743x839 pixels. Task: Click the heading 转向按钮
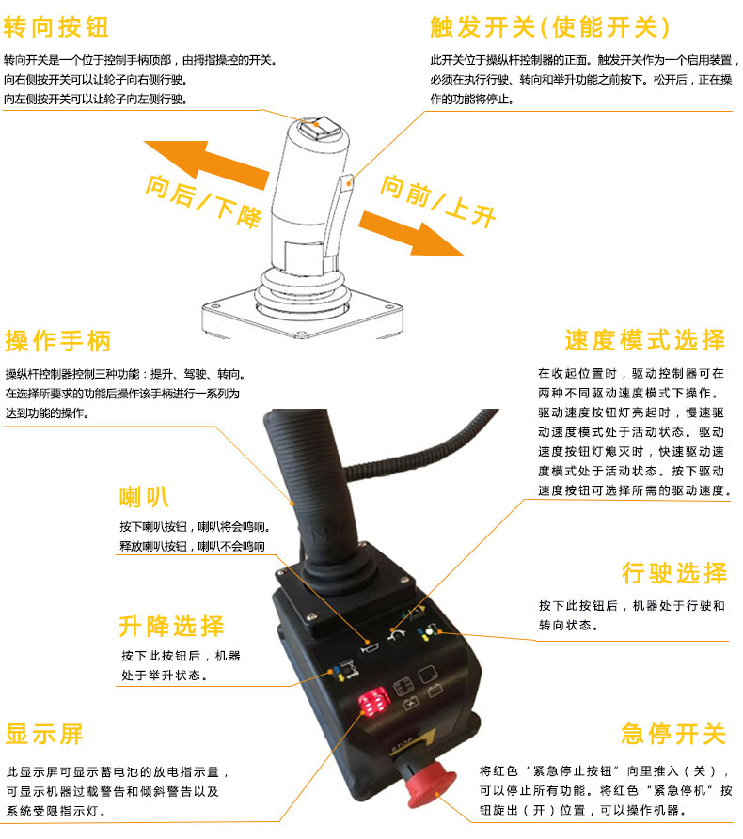coord(55,26)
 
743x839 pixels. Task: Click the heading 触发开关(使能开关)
coord(549,26)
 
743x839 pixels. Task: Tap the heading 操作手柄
coord(58,341)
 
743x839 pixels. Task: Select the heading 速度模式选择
coord(645,340)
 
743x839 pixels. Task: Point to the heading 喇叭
coord(144,497)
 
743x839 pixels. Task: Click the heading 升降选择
coord(171,626)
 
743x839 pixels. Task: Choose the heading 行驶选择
coord(674,573)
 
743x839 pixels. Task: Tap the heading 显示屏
coord(44,734)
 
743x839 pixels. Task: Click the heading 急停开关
coord(674,733)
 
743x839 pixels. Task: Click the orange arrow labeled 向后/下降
coord(206,163)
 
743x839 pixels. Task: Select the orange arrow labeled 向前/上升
coord(411,234)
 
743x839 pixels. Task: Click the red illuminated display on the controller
coord(374,703)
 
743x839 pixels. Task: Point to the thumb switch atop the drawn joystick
coord(318,128)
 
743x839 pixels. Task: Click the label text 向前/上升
coord(437,201)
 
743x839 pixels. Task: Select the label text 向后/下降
coord(203,201)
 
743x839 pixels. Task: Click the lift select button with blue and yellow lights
coord(345,669)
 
